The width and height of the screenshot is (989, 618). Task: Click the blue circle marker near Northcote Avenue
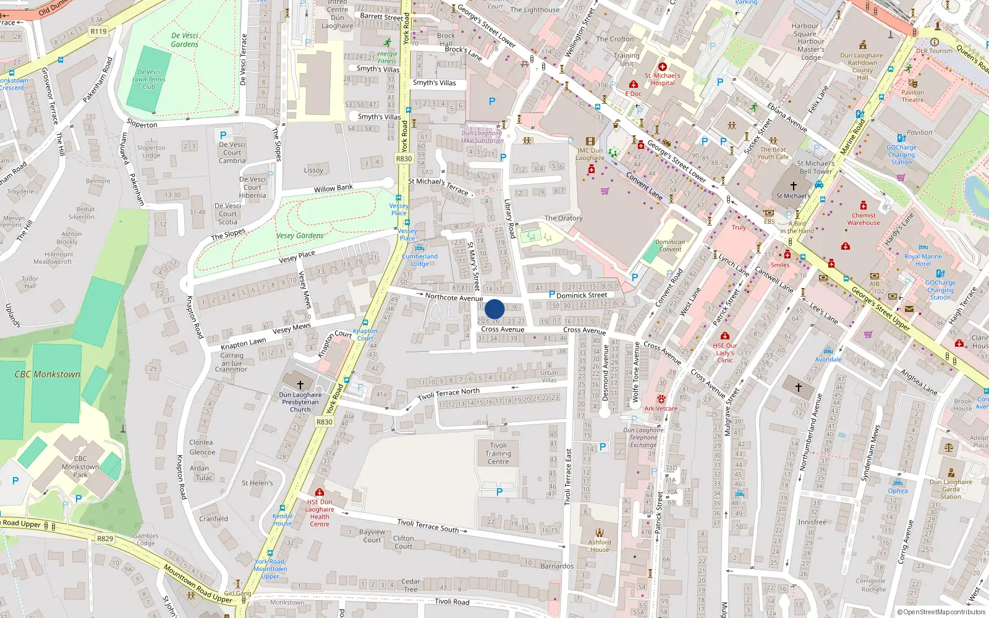coord(494,309)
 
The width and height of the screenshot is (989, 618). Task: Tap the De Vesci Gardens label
coord(185,40)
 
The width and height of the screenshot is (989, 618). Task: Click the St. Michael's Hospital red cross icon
coord(663,67)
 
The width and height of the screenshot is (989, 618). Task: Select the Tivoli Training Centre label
coord(498,453)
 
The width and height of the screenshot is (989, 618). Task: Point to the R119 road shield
coord(98,31)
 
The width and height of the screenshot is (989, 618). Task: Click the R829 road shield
coord(105,538)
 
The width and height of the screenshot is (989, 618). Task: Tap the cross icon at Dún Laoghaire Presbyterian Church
coord(300,385)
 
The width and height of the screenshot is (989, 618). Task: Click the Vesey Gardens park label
coord(300,235)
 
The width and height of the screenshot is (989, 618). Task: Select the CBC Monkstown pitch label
coord(48,375)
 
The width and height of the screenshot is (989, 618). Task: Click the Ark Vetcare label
coord(661,408)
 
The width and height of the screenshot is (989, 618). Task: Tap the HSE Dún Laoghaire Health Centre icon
coord(319,492)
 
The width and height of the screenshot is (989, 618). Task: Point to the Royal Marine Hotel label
coord(923,260)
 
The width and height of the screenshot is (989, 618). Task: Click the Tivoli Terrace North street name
coord(448,394)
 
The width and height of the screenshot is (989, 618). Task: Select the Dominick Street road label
coord(582,295)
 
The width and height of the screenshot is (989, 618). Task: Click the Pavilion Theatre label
coord(912,96)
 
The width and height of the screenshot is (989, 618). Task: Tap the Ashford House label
coord(599,546)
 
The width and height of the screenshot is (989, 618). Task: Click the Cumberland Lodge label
coord(420,260)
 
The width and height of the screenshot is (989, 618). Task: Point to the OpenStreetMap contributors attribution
coord(941,612)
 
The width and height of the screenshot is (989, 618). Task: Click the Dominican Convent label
coord(670,245)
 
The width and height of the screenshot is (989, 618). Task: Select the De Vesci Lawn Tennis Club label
coord(149,79)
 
